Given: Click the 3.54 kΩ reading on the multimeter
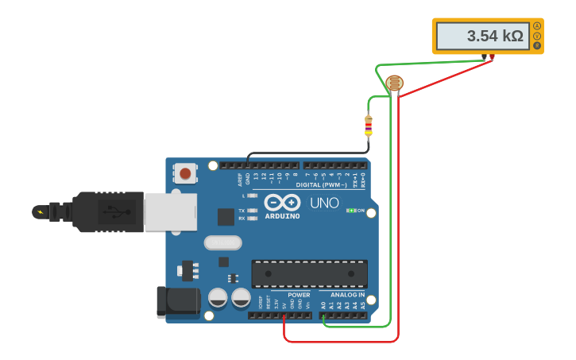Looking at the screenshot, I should click(x=483, y=36).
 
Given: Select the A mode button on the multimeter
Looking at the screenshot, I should click(x=537, y=26).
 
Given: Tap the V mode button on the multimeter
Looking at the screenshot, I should click(x=537, y=36).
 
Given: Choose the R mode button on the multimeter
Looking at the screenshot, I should click(x=537, y=45).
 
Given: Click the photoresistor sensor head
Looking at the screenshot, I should click(x=394, y=83).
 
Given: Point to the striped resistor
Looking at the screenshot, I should click(x=368, y=126).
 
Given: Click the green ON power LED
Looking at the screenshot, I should click(x=350, y=211).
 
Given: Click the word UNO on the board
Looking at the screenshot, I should click(x=324, y=203).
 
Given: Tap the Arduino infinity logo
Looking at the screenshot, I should click(x=282, y=202).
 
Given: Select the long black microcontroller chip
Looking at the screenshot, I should click(x=309, y=273).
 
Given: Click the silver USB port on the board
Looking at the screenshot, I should click(x=170, y=211).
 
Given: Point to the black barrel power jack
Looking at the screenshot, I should click(x=178, y=303).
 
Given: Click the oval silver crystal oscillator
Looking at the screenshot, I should click(x=222, y=243).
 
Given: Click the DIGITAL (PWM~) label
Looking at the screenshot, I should click(x=321, y=184).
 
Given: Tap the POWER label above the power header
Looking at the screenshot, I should click(x=299, y=295).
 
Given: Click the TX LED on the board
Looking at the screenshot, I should click(x=252, y=211).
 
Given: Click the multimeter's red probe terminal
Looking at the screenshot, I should click(x=493, y=56).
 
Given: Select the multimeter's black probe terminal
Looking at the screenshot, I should click(x=484, y=56).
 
